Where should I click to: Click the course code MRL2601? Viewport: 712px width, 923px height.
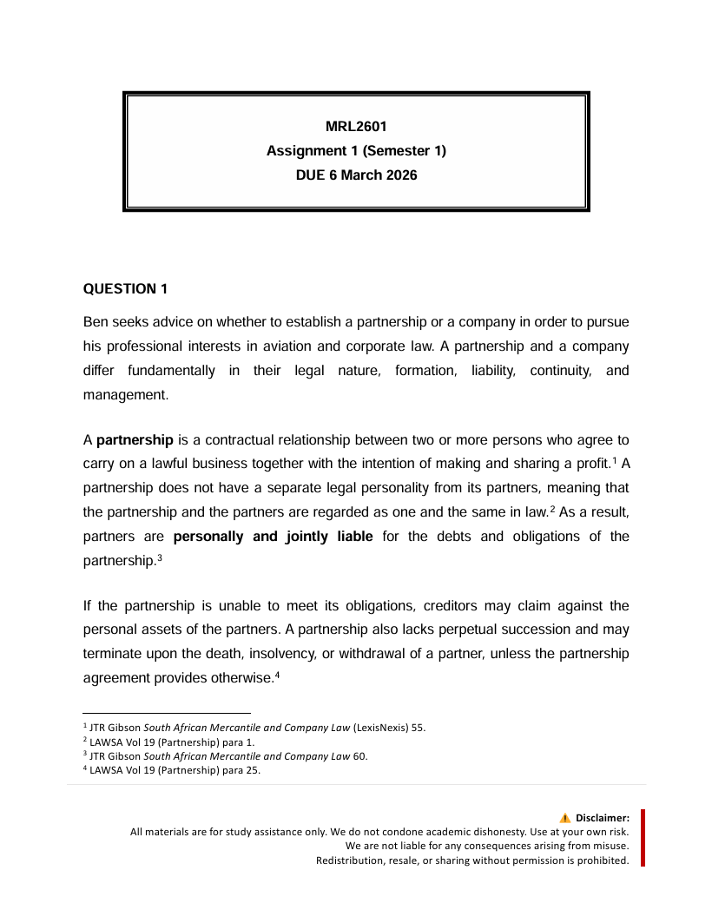(x=356, y=127)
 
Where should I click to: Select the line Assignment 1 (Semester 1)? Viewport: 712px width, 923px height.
(x=356, y=151)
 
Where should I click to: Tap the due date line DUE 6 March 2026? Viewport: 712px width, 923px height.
(x=356, y=175)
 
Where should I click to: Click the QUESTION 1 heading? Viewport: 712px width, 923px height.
(x=125, y=288)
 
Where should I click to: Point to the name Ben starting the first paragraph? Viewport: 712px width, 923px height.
(x=96, y=322)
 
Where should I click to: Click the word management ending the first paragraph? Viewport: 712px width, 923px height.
(x=123, y=394)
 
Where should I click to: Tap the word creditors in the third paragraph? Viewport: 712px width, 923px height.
(x=437, y=605)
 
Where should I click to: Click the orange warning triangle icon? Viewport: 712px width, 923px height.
(x=565, y=817)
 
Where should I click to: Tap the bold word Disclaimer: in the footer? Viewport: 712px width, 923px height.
(x=602, y=818)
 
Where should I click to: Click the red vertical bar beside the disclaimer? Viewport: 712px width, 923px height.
(x=643, y=838)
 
